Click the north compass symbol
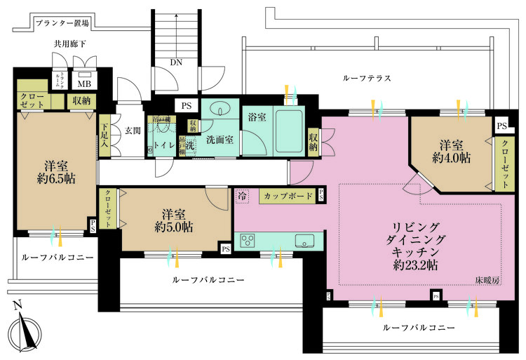coord(25,329)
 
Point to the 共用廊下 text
coord(72,44)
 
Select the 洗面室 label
coord(219,140)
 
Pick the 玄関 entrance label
coord(133,130)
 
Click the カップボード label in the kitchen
coord(288,196)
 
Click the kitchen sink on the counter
coord(304,241)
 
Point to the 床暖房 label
coord(487,279)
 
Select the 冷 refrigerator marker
coord(242,196)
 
